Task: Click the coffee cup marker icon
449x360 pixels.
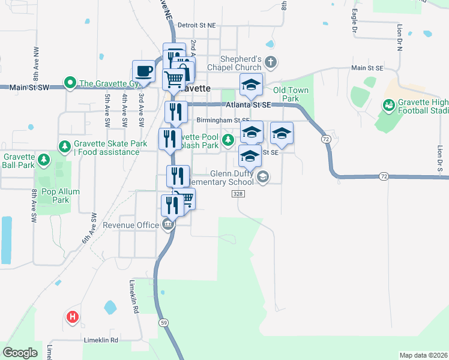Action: pyautogui.click(x=143, y=71)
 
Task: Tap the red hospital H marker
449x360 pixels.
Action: pyautogui.click(x=73, y=317)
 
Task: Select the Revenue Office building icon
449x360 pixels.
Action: pyautogui.click(x=168, y=225)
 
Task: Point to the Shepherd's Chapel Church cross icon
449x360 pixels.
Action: pyautogui.click(x=271, y=61)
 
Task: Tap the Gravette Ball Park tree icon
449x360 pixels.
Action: pyautogui.click(x=43, y=160)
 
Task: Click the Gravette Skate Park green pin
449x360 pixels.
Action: pyautogui.click(x=64, y=145)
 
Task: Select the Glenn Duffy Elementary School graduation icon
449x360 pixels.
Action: pyautogui.click(x=262, y=177)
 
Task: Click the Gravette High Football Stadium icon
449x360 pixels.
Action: pyautogui.click(x=388, y=106)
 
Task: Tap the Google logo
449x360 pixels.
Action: pyautogui.click(x=20, y=353)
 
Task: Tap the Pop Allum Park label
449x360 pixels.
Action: pyautogui.click(x=61, y=196)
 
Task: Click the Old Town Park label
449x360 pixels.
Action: pyautogui.click(x=291, y=94)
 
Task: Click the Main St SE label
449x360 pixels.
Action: pyautogui.click(x=367, y=68)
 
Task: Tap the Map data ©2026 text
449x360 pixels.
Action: pyautogui.click(x=423, y=355)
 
